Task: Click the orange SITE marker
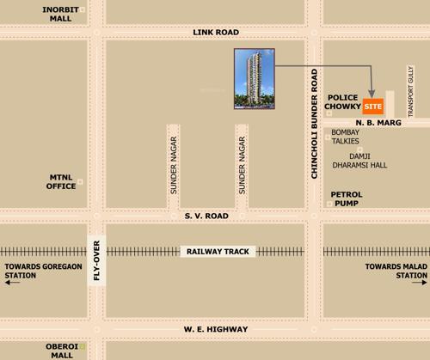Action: pyautogui.click(x=373, y=107)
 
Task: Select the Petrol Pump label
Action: pyautogui.click(x=347, y=199)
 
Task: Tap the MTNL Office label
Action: pyautogui.click(x=63, y=180)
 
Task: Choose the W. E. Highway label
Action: pyautogui.click(x=215, y=329)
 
